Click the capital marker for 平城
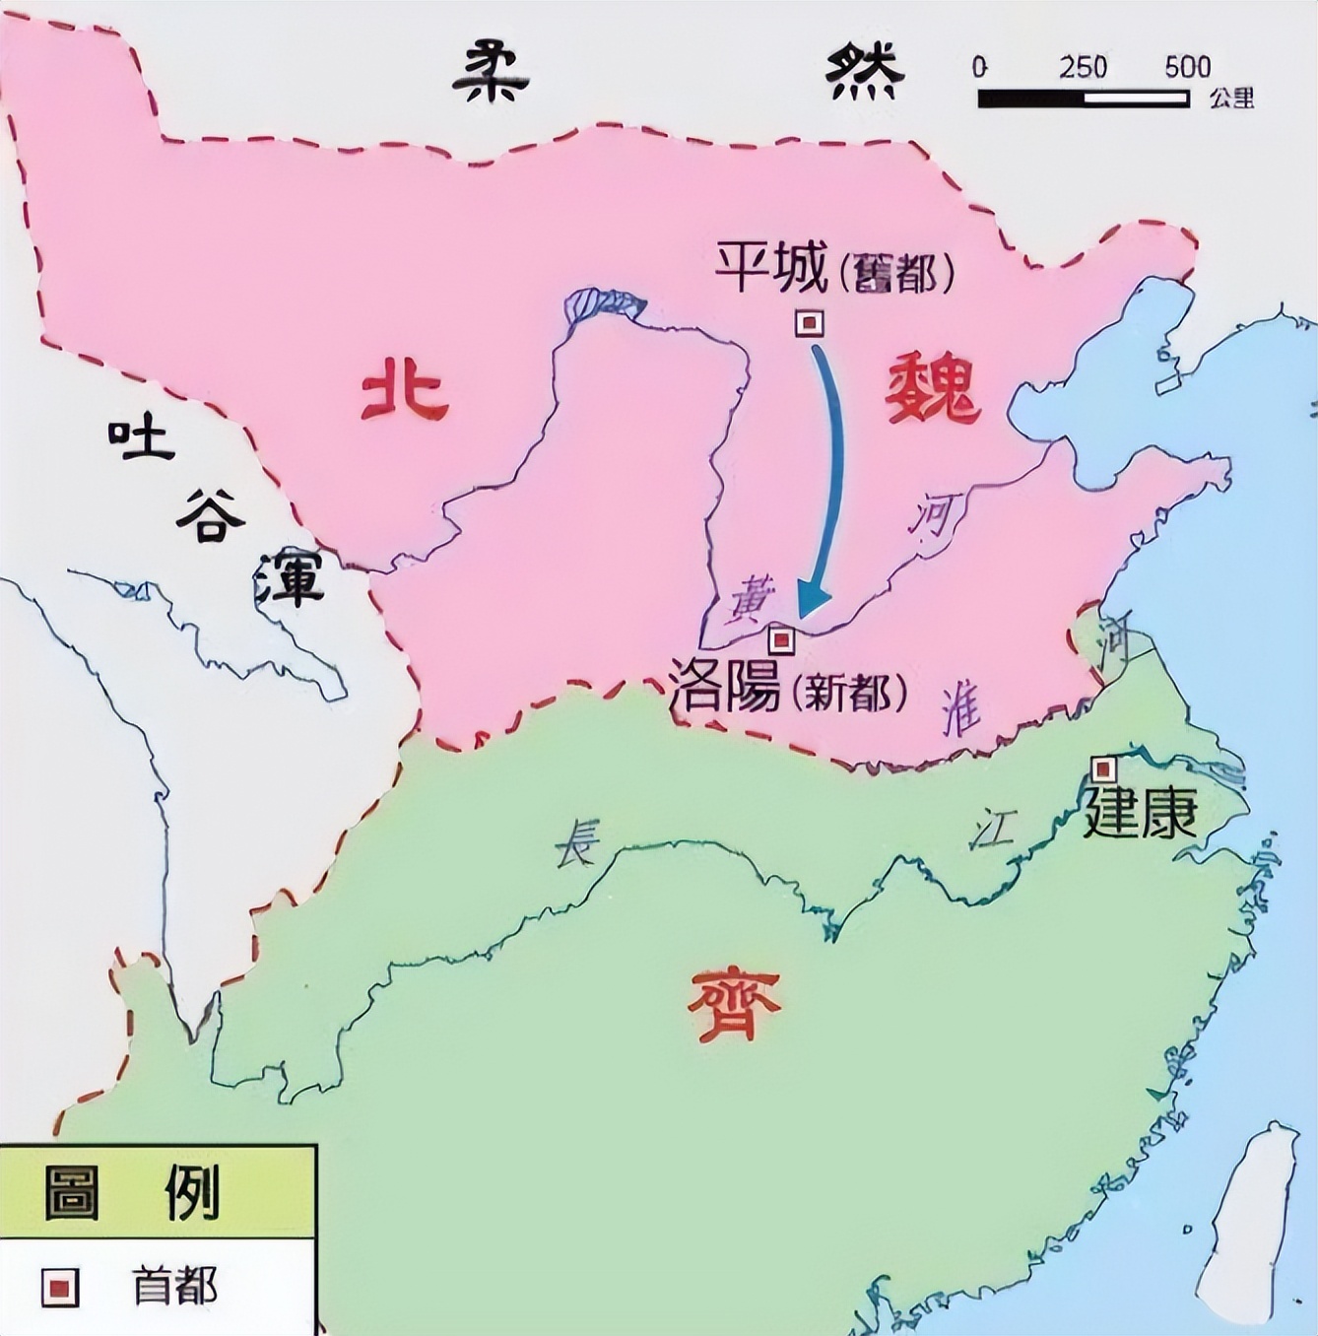810,323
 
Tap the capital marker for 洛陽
782,640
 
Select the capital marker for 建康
1104,768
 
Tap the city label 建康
1140,814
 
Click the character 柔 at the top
490,72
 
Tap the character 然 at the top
864,72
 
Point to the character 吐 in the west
141,439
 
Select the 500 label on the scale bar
1187,67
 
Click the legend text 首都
174,1286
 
